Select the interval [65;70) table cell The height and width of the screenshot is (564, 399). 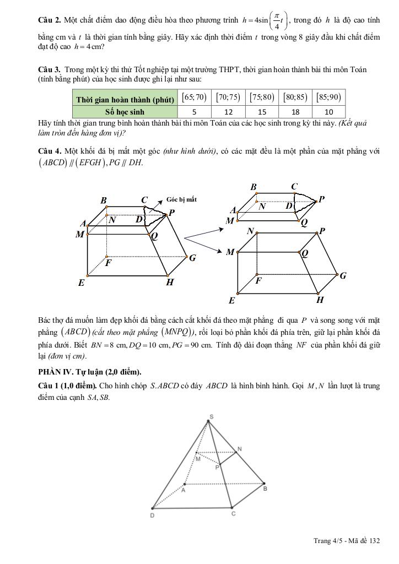(x=194, y=97)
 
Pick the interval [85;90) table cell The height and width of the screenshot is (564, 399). (x=329, y=97)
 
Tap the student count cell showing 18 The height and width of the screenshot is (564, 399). (x=295, y=111)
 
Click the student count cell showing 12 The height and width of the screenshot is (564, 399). (x=228, y=111)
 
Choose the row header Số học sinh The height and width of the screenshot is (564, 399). (x=125, y=111)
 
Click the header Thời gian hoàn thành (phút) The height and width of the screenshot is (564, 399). (x=125, y=98)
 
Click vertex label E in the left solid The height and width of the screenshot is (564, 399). (x=81, y=283)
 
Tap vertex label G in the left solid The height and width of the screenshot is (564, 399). (x=192, y=257)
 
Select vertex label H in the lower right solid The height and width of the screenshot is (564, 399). (x=320, y=300)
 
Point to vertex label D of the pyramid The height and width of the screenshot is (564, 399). (x=152, y=516)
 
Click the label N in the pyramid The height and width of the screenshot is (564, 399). (x=239, y=448)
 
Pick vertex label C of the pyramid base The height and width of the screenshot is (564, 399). (x=234, y=513)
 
